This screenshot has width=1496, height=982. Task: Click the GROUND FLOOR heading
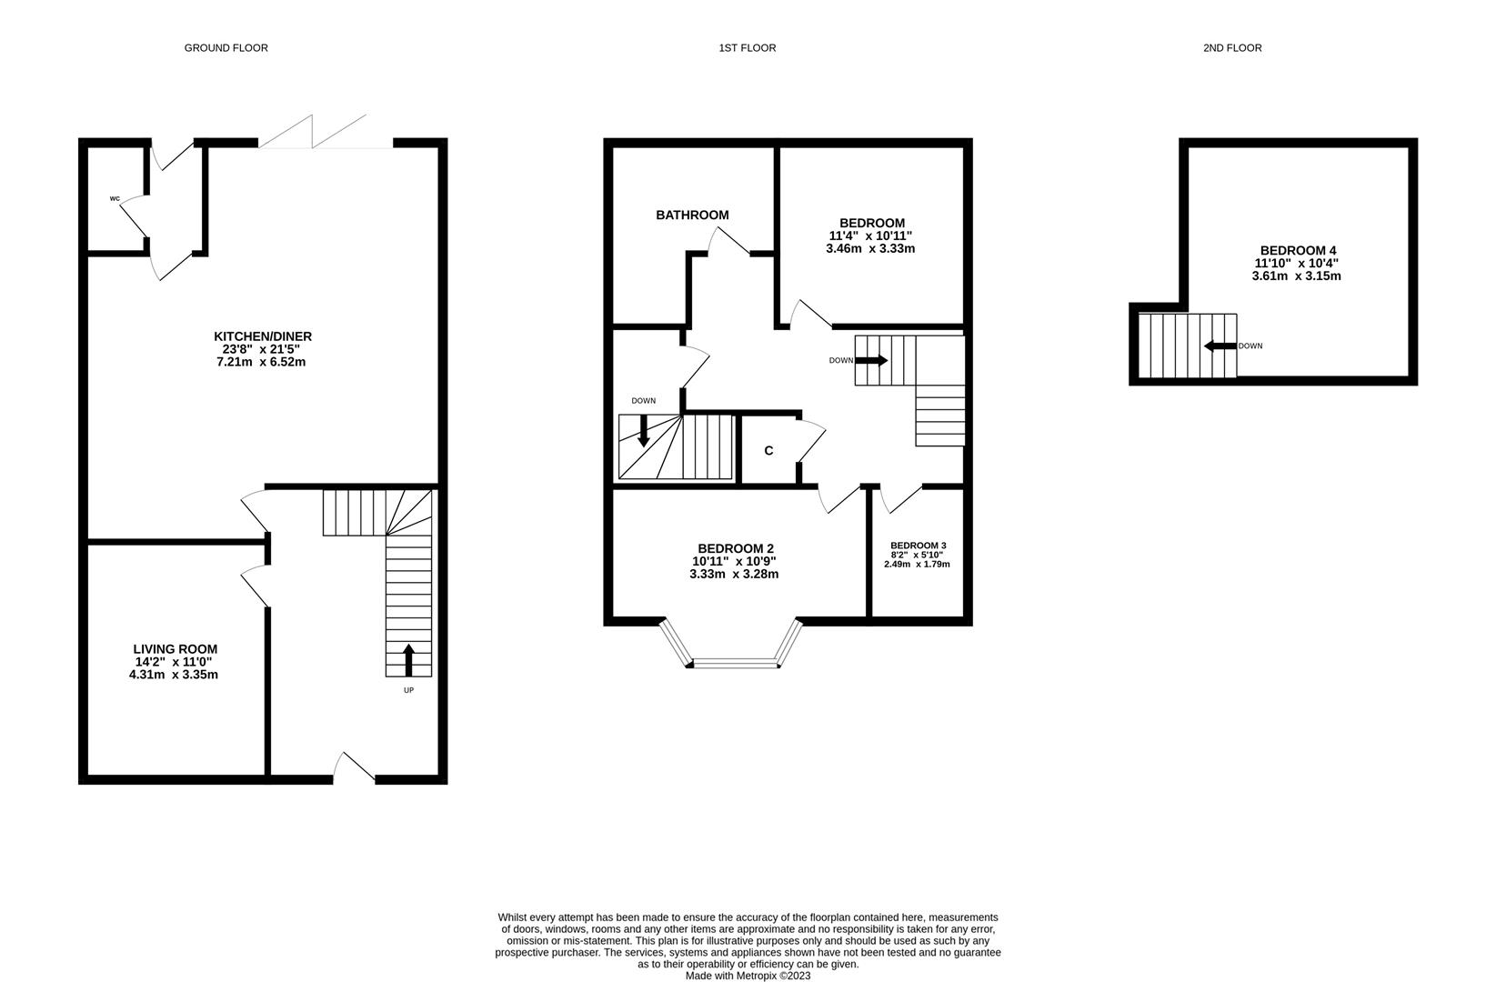226,48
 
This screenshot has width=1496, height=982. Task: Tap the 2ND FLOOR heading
1231,48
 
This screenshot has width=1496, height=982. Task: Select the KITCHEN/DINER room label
263,336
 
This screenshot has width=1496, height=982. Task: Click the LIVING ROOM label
175,649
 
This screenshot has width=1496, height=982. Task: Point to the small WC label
115,198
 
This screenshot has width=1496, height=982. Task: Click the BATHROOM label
692,215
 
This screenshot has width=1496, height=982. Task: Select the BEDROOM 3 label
918,546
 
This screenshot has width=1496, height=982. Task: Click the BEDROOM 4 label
1298,251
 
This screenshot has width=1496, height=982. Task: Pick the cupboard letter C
768,451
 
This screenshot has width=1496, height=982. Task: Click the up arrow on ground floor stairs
408,660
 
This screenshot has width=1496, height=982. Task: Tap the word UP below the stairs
408,691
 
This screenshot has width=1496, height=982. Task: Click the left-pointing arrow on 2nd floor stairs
1219,346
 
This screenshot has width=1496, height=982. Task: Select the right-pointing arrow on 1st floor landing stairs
871,361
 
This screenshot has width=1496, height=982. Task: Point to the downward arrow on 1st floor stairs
644,430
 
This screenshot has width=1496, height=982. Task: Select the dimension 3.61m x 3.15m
1296,276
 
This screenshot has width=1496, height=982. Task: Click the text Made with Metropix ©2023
748,976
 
